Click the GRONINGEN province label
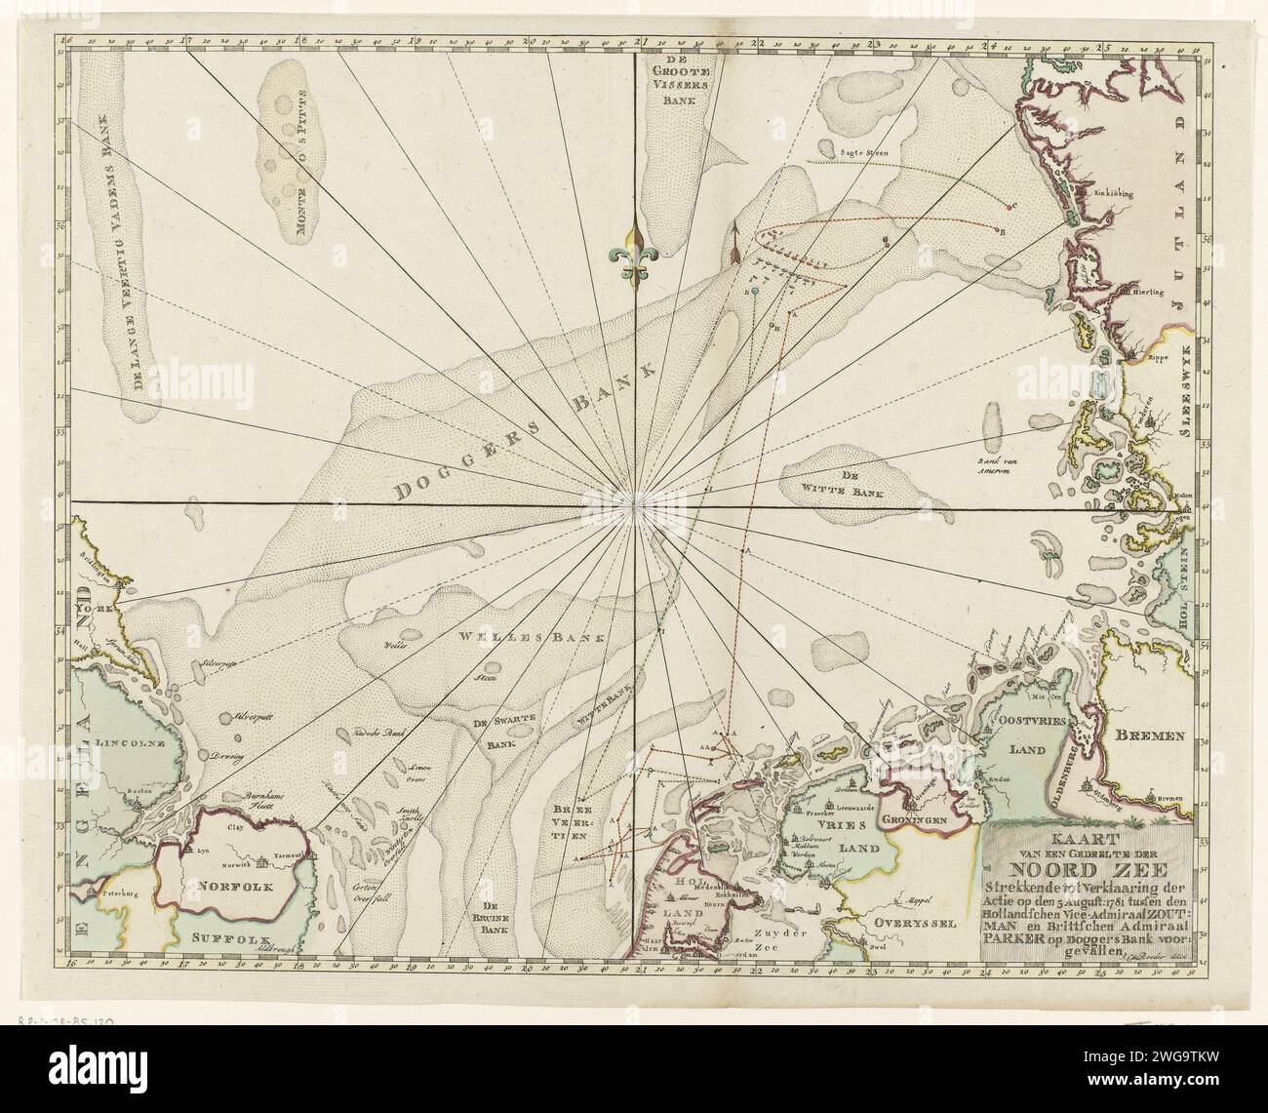point(915,824)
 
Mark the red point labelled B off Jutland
point(1001,231)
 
